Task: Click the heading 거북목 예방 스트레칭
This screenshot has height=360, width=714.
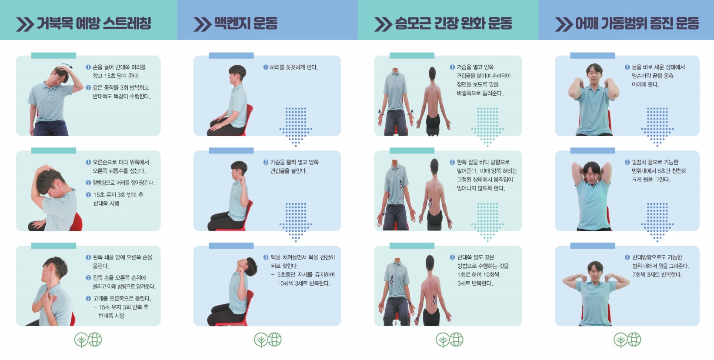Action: [x=94, y=23]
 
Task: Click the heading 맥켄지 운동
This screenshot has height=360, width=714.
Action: [x=246, y=23]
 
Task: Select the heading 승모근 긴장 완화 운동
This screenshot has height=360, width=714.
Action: [x=454, y=23]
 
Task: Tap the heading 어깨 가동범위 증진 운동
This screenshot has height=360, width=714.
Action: [x=637, y=23]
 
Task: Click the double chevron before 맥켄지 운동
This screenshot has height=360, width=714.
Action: [x=202, y=24]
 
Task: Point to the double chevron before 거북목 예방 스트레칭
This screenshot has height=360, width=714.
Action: [x=25, y=24]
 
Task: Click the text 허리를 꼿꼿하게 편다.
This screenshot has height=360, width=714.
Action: [x=294, y=67]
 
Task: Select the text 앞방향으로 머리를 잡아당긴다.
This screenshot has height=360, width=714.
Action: [x=123, y=183]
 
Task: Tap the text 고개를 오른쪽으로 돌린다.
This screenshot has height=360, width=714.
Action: [x=122, y=299]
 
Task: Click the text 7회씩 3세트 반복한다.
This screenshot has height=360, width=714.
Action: [x=657, y=275]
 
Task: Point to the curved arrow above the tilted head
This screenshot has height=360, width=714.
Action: [x=67, y=66]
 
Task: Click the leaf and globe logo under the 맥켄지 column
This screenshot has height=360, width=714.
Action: [x=268, y=340]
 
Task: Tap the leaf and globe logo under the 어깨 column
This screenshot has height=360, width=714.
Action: [x=627, y=340]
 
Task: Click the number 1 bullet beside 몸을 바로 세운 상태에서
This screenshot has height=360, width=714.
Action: [x=627, y=67]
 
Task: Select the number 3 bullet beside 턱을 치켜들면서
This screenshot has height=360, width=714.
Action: [x=266, y=257]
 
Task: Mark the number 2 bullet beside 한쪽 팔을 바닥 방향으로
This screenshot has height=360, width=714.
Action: [x=452, y=162]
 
